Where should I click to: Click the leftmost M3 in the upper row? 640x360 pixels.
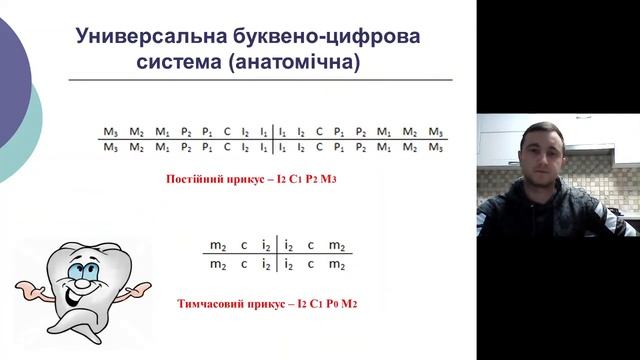point(109,131)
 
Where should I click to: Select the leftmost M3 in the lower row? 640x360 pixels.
point(109,147)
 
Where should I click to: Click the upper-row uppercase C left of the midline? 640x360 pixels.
point(226,131)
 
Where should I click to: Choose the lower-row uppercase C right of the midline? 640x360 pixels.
point(319,147)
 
